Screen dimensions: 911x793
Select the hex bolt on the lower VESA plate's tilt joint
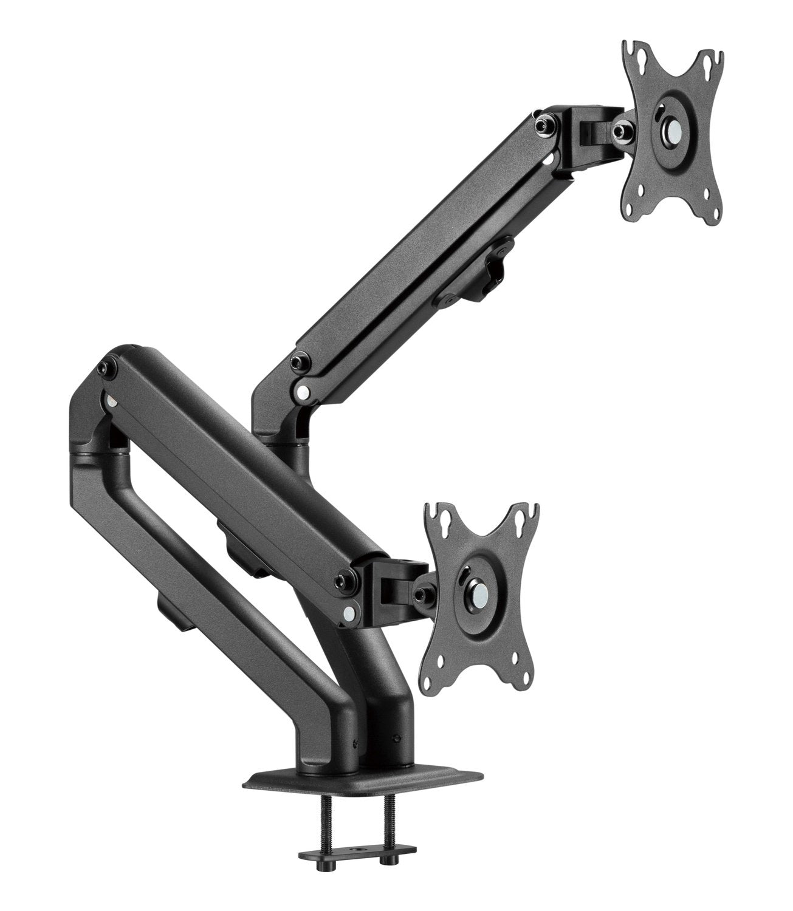(423, 591)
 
